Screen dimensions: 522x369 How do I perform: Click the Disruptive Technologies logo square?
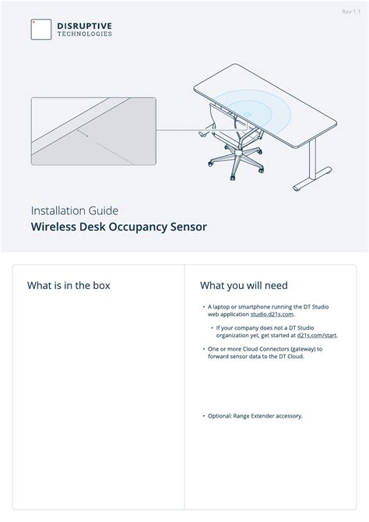(x=41, y=29)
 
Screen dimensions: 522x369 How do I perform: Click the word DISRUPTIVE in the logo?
(x=84, y=25)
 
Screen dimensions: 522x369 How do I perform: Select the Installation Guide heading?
(x=75, y=210)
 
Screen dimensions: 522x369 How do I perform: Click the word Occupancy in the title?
(x=137, y=227)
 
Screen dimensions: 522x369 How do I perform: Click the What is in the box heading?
(x=69, y=285)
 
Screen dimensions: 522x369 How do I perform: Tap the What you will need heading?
(x=244, y=285)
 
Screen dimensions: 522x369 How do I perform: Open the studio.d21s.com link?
(x=272, y=314)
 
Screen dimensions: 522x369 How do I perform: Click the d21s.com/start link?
(x=317, y=334)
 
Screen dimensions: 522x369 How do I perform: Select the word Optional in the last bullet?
(x=220, y=415)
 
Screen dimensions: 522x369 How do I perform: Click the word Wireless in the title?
(x=54, y=227)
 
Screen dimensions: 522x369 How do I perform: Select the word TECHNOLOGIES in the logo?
(x=84, y=34)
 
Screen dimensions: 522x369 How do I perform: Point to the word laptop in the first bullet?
(x=220, y=307)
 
